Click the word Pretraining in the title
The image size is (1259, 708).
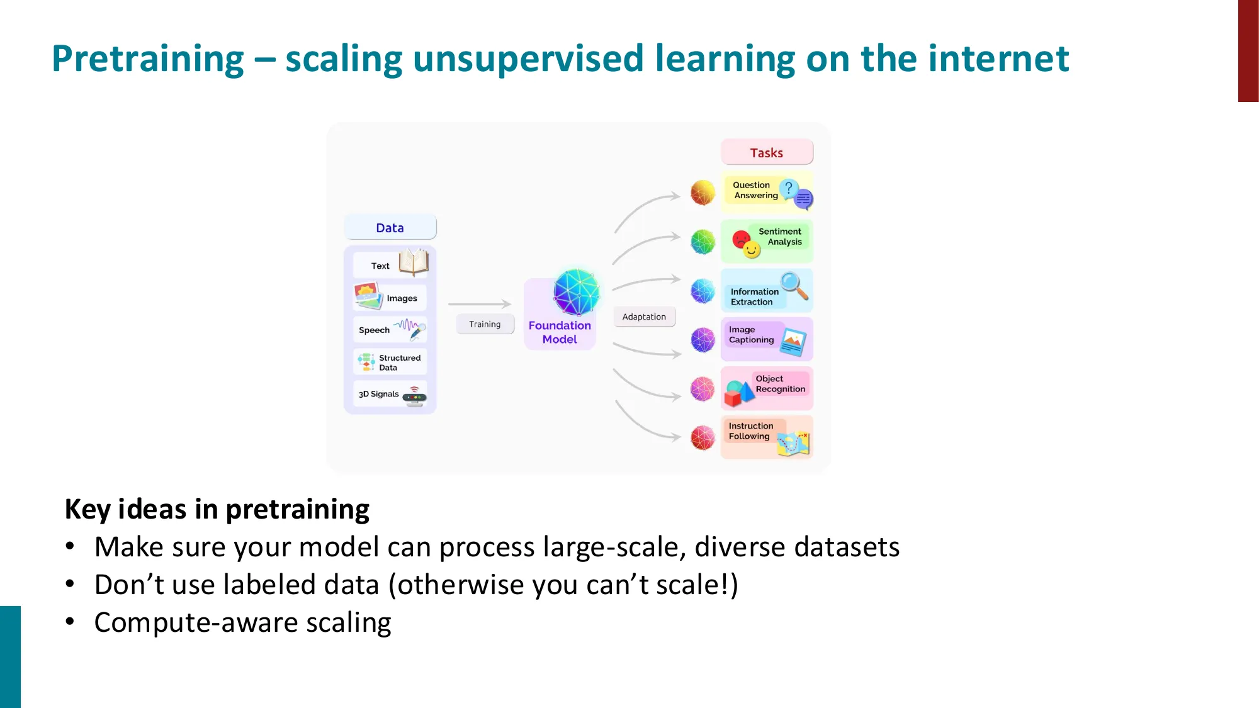147,59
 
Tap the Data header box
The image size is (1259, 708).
390,228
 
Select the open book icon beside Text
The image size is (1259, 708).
414,262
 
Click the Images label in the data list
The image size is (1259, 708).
402,298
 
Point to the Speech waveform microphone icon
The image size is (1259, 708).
412,328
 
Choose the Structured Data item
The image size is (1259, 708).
390,362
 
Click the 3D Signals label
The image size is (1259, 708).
378,394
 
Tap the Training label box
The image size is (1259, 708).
485,324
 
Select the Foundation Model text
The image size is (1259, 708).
560,332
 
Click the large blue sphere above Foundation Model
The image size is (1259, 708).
576,292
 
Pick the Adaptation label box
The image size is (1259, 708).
644,317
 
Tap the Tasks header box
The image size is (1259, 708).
766,152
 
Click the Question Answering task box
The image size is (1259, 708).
766,191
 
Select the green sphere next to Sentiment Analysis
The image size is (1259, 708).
703,242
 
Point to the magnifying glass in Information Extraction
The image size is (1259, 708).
794,285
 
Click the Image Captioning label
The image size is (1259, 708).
751,335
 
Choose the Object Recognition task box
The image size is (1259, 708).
766,388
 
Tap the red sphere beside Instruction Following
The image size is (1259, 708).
703,437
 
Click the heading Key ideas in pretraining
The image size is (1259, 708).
217,509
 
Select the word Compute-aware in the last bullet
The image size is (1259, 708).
195,623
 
